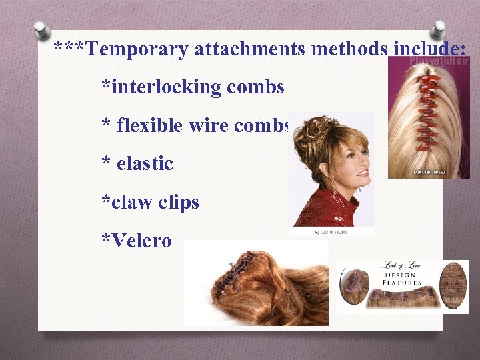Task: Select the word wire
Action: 211,125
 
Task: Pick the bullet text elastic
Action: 145,163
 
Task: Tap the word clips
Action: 178,202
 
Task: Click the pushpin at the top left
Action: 42,30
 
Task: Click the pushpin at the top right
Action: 438,30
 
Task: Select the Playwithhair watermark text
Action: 439,62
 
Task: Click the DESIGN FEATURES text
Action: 402,279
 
